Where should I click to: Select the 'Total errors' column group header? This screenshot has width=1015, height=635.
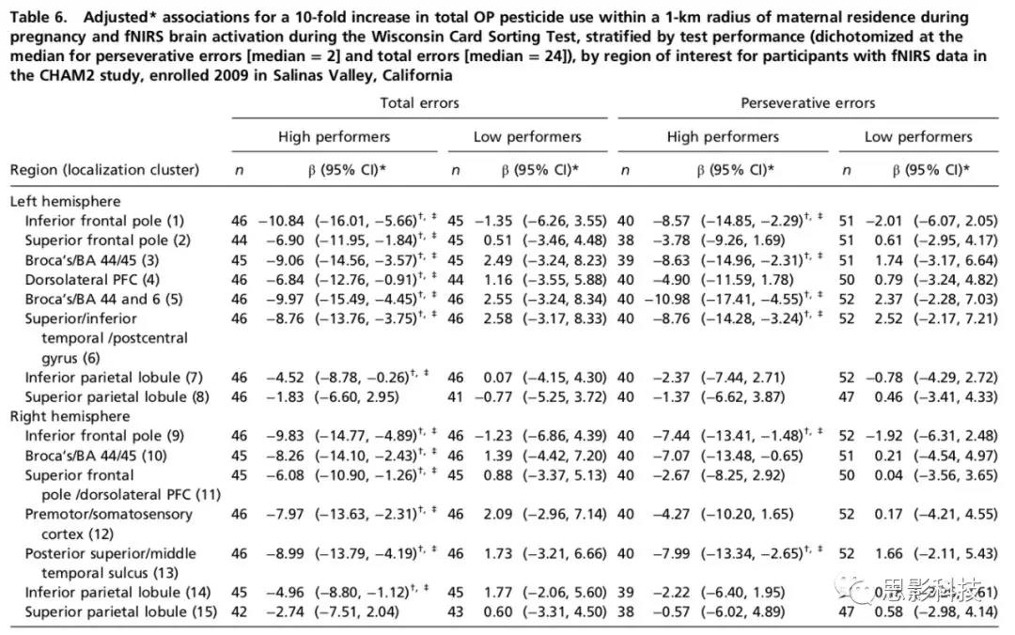(x=419, y=103)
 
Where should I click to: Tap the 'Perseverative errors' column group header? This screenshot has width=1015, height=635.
(x=808, y=103)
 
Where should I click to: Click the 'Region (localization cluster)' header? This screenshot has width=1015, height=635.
(x=104, y=170)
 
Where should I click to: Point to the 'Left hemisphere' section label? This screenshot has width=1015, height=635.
(x=65, y=201)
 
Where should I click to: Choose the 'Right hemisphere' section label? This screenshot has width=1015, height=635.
(x=70, y=416)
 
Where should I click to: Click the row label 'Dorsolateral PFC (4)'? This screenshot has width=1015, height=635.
(x=92, y=280)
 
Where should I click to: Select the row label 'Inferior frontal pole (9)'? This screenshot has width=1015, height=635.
(x=104, y=436)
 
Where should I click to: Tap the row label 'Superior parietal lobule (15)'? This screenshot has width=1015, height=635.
(x=121, y=612)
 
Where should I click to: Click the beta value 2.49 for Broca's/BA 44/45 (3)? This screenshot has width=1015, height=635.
(x=497, y=260)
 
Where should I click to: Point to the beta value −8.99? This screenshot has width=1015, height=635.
(x=285, y=553)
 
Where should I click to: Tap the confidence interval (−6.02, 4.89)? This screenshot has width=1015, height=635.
(x=742, y=612)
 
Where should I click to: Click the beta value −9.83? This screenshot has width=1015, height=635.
(x=285, y=436)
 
